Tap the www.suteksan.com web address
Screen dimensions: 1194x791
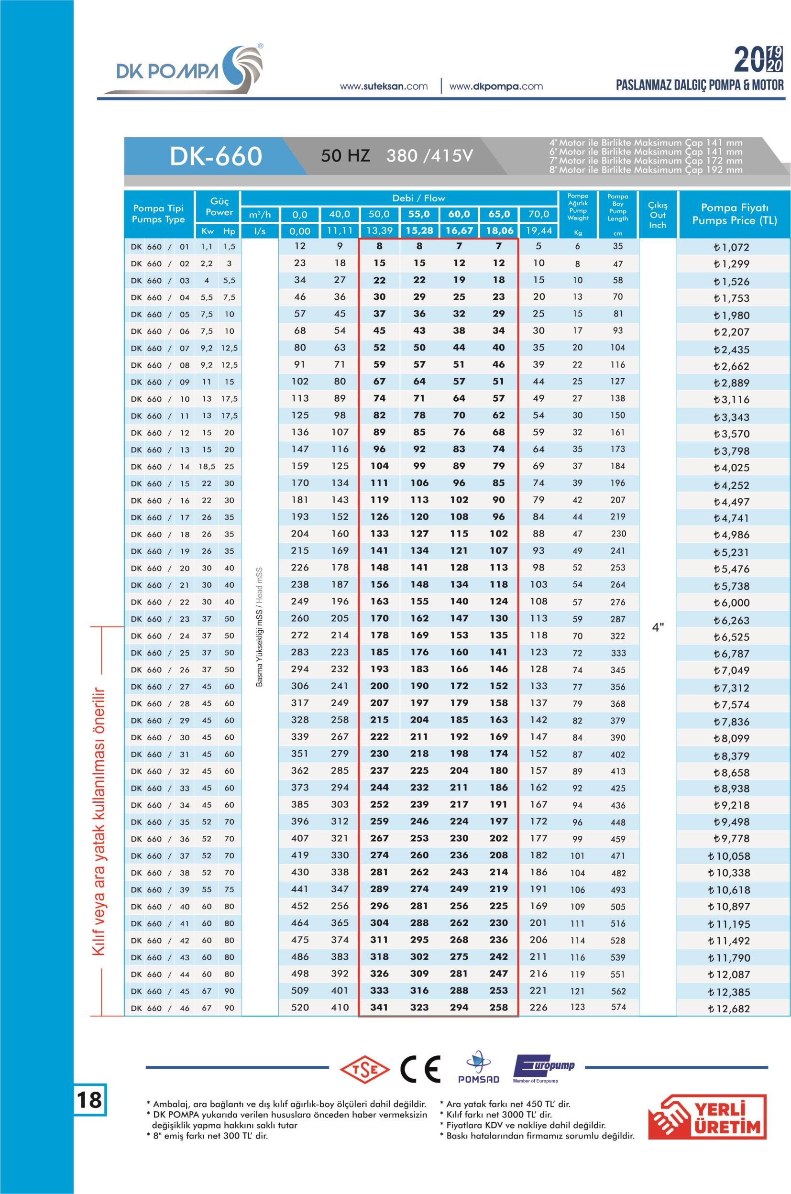point(384,86)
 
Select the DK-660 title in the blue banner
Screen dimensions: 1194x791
point(216,156)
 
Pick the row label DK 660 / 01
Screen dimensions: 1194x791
point(159,247)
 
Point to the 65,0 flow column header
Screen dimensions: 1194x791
point(498,214)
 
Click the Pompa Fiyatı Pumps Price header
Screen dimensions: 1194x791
point(734,214)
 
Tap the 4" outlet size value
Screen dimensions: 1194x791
point(658,627)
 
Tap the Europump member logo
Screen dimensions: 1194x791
point(543,1068)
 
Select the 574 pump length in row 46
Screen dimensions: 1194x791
point(618,1007)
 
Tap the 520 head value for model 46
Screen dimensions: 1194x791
point(300,1008)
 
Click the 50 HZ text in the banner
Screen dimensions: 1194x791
point(345,155)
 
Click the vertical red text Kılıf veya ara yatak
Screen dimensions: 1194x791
point(99,820)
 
